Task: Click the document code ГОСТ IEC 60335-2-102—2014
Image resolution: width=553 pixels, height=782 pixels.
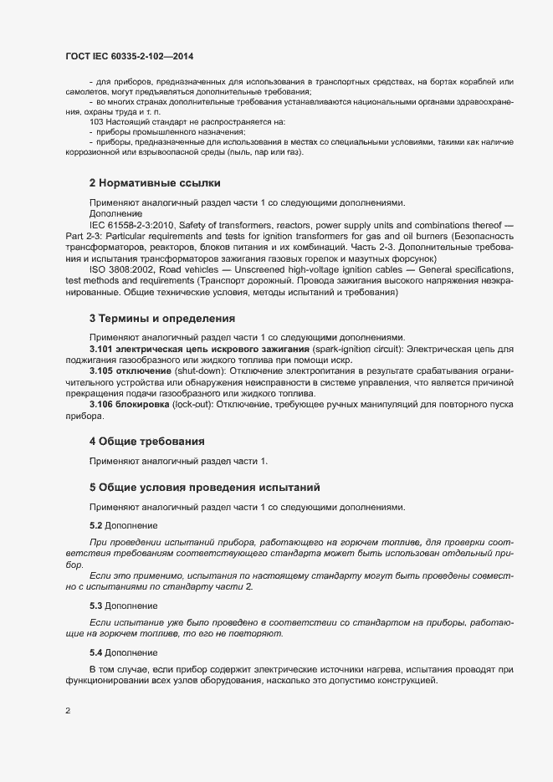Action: click(x=131, y=54)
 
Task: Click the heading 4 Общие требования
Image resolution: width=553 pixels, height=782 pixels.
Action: click(x=147, y=441)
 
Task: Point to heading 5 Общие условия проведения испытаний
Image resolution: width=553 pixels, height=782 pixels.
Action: click(x=204, y=487)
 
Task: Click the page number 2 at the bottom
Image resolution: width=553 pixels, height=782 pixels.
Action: click(x=68, y=711)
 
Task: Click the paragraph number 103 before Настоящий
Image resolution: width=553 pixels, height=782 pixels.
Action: click(x=98, y=122)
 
